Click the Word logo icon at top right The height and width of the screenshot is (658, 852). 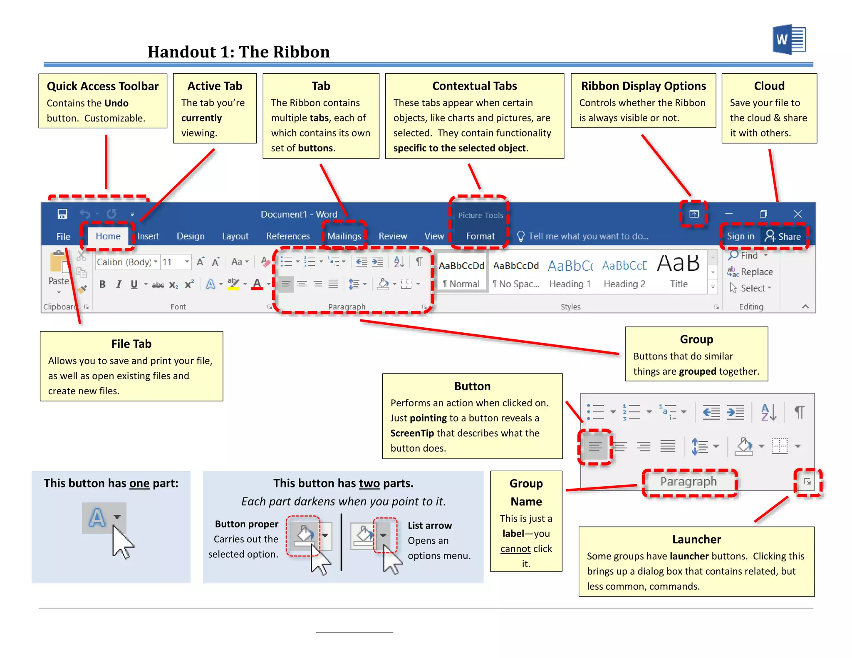click(789, 40)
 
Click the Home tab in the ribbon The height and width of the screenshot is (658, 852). click(108, 236)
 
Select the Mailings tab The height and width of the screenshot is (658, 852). click(344, 236)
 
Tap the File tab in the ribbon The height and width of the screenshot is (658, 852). click(63, 237)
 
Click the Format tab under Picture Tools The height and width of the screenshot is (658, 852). click(480, 236)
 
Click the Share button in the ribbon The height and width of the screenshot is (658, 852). click(783, 236)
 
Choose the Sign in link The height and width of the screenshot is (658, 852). click(740, 236)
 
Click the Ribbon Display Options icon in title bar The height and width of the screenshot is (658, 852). click(693, 214)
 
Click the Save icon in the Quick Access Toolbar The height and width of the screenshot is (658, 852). click(62, 214)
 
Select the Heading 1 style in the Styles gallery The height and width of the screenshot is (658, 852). click(570, 272)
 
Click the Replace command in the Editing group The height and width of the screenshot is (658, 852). click(751, 272)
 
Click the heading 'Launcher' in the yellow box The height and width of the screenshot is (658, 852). click(696, 539)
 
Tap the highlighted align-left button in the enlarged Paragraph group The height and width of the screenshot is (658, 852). click(595, 447)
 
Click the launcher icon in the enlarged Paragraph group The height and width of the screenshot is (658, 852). click(807, 482)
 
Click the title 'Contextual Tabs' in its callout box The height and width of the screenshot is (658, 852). click(474, 86)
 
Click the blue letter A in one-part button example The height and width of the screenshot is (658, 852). click(97, 518)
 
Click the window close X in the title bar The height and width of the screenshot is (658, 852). click(798, 214)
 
